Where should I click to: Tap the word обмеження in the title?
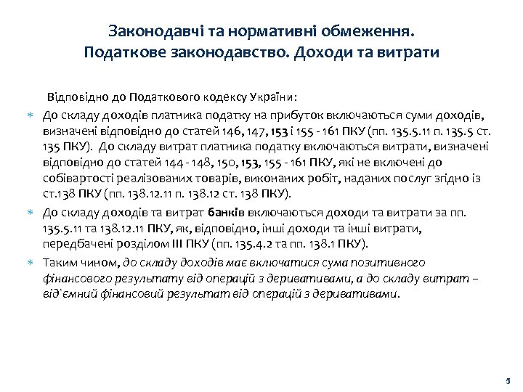point(366,32)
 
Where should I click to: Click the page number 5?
point(508,381)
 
